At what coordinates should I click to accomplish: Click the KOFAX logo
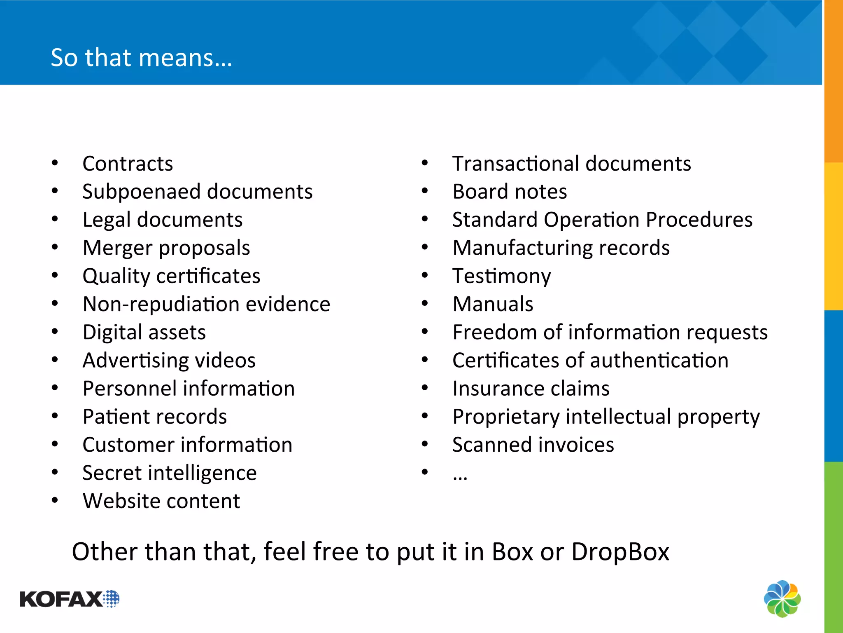(69, 599)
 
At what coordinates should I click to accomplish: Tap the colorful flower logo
(782, 598)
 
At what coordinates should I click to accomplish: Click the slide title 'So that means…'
(141, 57)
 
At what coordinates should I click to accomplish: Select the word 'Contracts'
(128, 164)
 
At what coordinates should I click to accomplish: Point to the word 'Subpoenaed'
(142, 192)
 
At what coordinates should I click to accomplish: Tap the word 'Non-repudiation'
(161, 305)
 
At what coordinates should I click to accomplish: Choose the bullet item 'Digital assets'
(144, 332)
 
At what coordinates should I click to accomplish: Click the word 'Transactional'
(515, 164)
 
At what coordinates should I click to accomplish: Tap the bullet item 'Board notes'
(510, 192)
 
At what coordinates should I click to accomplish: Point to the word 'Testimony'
(501, 276)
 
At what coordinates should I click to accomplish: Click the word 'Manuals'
(493, 304)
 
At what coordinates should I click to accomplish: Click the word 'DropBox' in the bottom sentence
(620, 551)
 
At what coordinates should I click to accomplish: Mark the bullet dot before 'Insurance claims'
(425, 388)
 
